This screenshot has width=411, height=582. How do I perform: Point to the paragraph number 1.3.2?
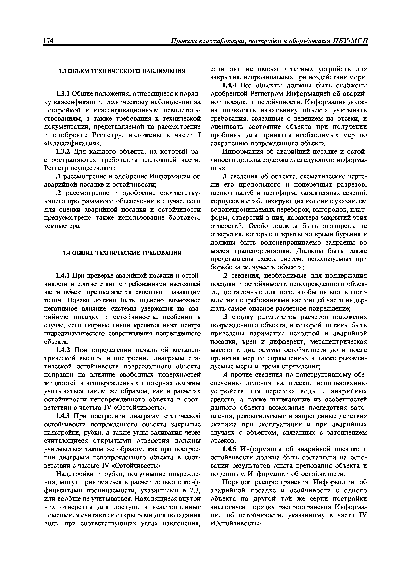pos(62,152)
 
